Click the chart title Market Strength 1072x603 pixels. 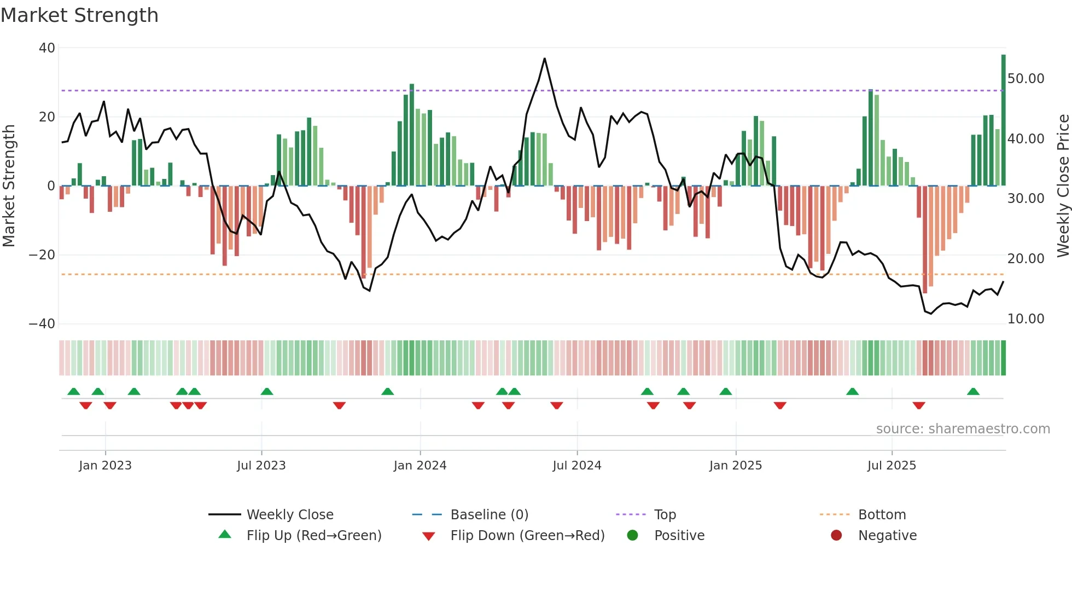tap(79, 15)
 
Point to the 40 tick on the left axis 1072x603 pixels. tap(47, 48)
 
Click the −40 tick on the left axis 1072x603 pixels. tap(42, 324)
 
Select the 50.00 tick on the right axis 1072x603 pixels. tap(1026, 79)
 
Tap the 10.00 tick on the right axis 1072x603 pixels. tap(1026, 319)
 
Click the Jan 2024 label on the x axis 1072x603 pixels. tap(420, 466)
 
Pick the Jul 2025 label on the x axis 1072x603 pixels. tap(892, 466)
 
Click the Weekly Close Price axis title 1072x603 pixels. tap(1063, 186)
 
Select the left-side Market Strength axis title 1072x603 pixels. tap(9, 186)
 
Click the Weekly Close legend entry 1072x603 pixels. tap(289, 515)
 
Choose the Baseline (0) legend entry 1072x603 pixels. tap(489, 515)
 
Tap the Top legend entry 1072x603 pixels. tap(665, 515)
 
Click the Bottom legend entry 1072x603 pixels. tap(882, 515)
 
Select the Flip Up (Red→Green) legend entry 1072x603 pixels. tap(313, 536)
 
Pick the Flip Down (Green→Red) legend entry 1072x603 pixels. tap(527, 536)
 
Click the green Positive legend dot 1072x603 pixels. tap(633, 536)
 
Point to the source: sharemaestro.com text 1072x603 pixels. tap(963, 429)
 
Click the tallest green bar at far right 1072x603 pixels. tap(1003, 120)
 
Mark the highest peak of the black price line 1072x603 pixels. tap(544, 59)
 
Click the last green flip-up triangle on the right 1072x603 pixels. tap(973, 392)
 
